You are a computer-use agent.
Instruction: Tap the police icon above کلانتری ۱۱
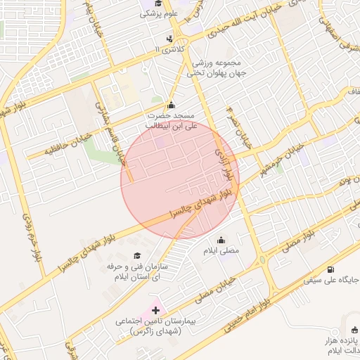pyautogui.click(x=169, y=39)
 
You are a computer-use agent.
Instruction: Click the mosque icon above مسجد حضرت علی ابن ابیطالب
pyautogui.click(x=171, y=105)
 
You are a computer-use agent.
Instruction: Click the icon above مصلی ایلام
pyautogui.click(x=221, y=239)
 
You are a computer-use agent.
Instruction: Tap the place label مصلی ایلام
pyautogui.click(x=221, y=250)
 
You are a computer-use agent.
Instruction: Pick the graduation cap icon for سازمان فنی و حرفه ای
pyautogui.click(x=136, y=255)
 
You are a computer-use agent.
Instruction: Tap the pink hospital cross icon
pyautogui.click(x=155, y=309)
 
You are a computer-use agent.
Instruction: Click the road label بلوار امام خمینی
pyautogui.click(x=250, y=316)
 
